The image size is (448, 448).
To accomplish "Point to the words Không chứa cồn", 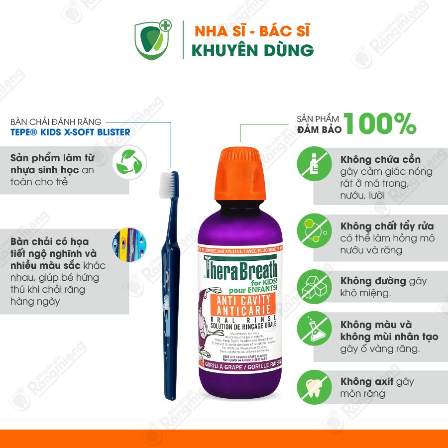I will [381, 160].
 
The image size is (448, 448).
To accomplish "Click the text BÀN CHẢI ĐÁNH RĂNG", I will [56, 121].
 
